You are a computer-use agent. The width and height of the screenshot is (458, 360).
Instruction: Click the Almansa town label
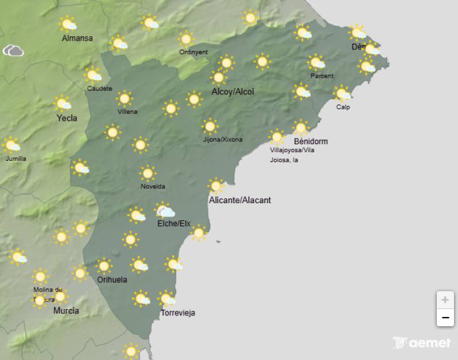click(x=77, y=39)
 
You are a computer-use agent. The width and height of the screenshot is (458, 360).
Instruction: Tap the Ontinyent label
click(x=194, y=52)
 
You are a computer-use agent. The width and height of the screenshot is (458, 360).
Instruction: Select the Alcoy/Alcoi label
click(x=232, y=92)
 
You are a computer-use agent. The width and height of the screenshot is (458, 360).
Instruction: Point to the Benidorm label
click(x=310, y=141)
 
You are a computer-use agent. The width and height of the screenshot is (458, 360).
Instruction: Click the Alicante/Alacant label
click(x=240, y=200)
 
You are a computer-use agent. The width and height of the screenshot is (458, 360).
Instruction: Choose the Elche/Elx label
click(x=174, y=223)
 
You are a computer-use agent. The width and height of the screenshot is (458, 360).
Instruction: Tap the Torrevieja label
click(x=177, y=313)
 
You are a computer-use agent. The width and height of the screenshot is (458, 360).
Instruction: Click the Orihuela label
click(x=112, y=280)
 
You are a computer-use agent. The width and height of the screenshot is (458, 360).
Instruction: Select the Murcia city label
click(x=66, y=311)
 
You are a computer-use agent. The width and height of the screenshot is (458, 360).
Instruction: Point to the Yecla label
click(x=67, y=118)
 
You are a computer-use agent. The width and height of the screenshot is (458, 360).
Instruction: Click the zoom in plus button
click(x=445, y=299)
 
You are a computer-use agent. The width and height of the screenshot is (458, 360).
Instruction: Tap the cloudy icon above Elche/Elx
click(x=165, y=211)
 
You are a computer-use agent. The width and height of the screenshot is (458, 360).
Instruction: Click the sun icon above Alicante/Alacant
click(x=216, y=186)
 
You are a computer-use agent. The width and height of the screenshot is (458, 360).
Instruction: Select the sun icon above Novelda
click(x=148, y=173)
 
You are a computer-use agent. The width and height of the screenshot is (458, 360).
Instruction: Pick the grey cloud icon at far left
click(x=13, y=51)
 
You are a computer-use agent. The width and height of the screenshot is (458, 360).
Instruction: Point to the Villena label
click(x=127, y=112)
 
